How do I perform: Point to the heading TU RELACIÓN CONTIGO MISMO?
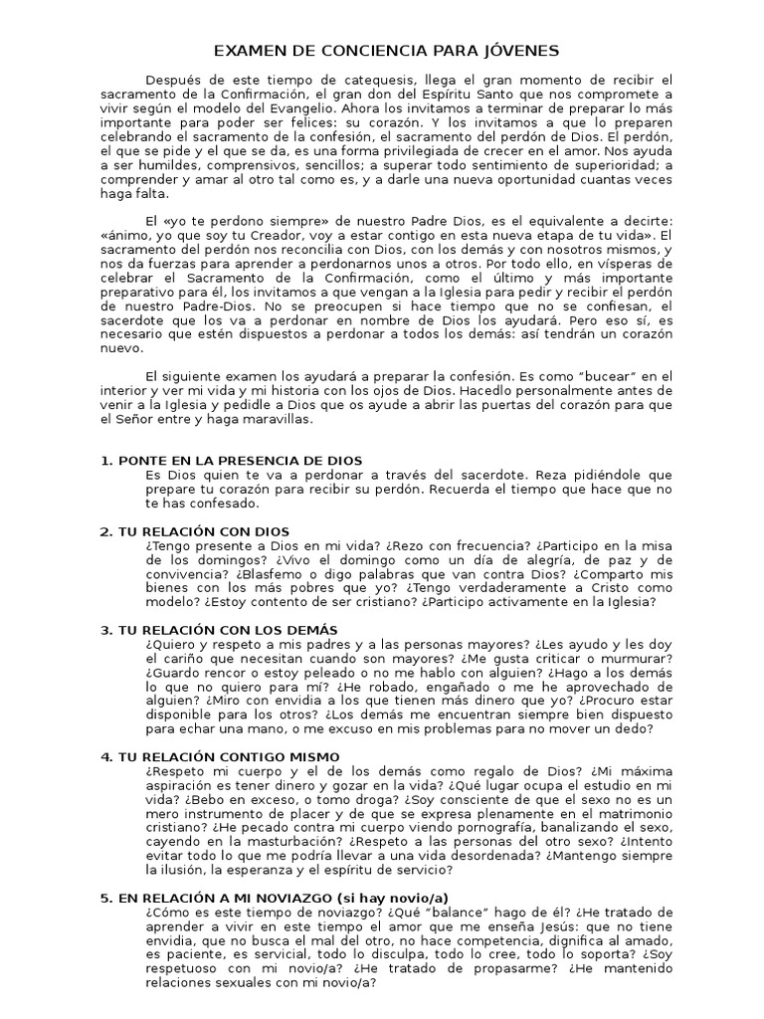tap(229, 757)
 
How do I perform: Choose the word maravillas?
tap(279, 420)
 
